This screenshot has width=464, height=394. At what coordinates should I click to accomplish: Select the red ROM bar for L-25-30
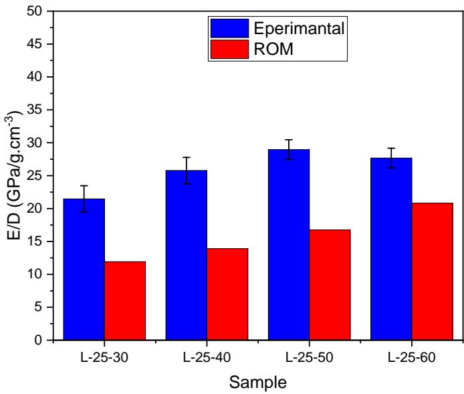125,300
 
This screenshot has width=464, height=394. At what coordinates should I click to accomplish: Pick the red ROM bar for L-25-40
227,294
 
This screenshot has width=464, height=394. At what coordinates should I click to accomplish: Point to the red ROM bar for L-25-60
432,271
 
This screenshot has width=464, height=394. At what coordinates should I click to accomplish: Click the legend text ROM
269,49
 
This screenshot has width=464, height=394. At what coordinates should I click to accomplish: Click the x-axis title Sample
257,383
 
